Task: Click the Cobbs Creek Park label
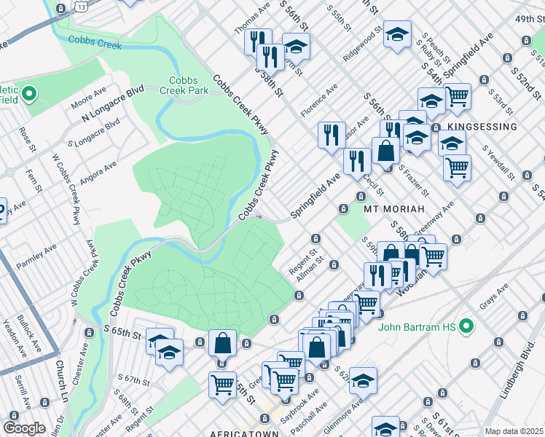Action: click(189, 85)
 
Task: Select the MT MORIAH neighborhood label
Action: click(389, 208)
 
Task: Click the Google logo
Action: click(24, 428)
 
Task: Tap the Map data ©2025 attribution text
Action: click(513, 431)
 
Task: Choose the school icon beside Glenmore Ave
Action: click(363, 380)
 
